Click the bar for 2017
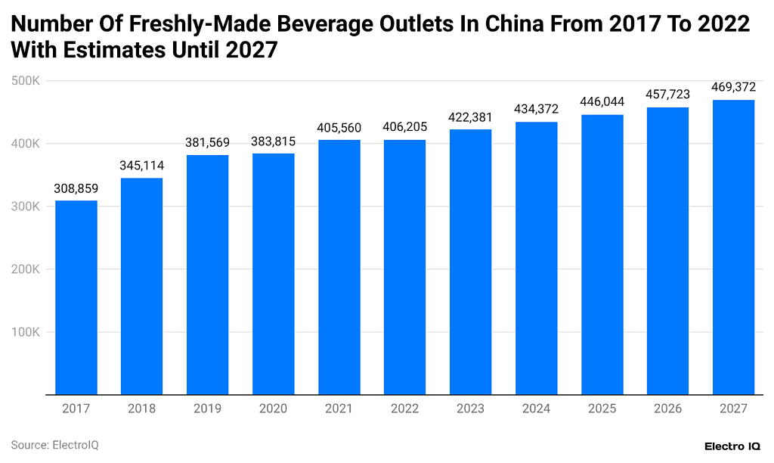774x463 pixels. [76, 297]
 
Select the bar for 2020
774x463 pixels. [273, 274]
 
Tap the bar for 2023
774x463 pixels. [470, 262]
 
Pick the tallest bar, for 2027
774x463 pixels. [733, 247]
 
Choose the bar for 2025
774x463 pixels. [602, 254]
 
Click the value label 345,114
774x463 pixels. [141, 165]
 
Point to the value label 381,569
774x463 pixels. [207, 142]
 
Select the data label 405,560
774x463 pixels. [339, 127]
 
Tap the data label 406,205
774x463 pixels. [404, 127]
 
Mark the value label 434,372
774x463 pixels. [536, 109]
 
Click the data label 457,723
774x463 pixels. [667, 95]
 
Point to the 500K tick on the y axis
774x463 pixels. [27, 80]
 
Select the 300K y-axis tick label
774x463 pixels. [27, 206]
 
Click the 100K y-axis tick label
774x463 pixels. [27, 331]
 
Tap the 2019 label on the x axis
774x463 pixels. [207, 409]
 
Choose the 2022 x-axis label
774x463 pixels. [404, 409]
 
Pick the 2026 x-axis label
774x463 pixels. [667, 409]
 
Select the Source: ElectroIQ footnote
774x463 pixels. [54, 445]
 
